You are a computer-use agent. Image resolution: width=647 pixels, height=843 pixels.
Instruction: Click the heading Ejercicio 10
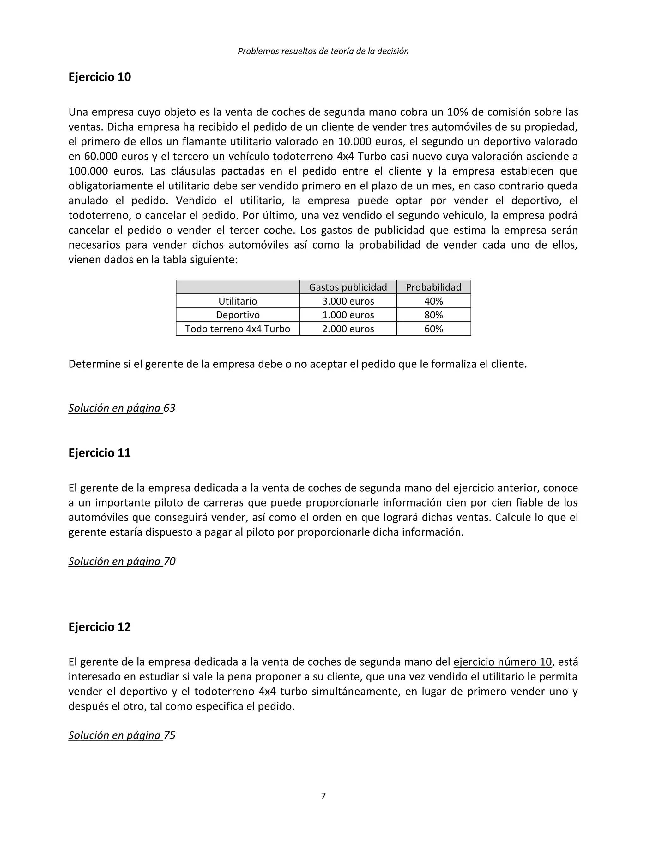click(x=100, y=77)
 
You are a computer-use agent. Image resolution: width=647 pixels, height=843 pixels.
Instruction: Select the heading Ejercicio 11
click(x=100, y=452)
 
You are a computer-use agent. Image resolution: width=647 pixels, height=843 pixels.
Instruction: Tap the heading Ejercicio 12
click(x=100, y=627)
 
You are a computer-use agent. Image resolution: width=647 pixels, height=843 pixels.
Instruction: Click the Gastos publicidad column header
click(x=348, y=287)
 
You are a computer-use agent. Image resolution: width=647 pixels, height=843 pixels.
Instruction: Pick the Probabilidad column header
click(x=433, y=287)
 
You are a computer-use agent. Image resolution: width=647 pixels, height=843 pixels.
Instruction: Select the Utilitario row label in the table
click(x=238, y=301)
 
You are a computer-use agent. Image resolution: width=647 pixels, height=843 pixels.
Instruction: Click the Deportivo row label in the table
click(x=238, y=315)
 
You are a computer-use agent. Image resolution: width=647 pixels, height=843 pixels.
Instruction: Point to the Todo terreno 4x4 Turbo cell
click(x=238, y=329)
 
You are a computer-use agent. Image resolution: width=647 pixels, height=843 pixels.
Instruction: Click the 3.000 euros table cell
click(x=348, y=301)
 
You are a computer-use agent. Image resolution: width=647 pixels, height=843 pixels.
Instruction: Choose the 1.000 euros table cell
click(x=348, y=315)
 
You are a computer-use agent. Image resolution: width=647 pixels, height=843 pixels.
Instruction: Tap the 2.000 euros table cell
click(x=348, y=329)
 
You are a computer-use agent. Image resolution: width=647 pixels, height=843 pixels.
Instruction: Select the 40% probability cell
click(x=433, y=301)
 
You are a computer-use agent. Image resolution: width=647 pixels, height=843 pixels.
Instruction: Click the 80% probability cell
click(x=433, y=315)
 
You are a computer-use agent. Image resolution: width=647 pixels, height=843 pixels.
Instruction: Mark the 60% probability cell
click(x=433, y=329)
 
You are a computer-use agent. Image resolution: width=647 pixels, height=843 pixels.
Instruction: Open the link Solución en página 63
click(x=122, y=408)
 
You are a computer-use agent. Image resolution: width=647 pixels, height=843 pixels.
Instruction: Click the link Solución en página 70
click(x=122, y=561)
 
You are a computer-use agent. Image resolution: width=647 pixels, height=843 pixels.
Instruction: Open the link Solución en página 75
click(x=122, y=735)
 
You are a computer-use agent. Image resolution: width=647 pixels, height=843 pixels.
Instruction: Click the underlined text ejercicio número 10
click(x=503, y=662)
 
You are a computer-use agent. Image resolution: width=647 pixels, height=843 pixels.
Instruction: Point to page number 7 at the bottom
click(x=323, y=796)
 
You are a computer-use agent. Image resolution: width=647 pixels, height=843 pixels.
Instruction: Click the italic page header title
click(x=323, y=51)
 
